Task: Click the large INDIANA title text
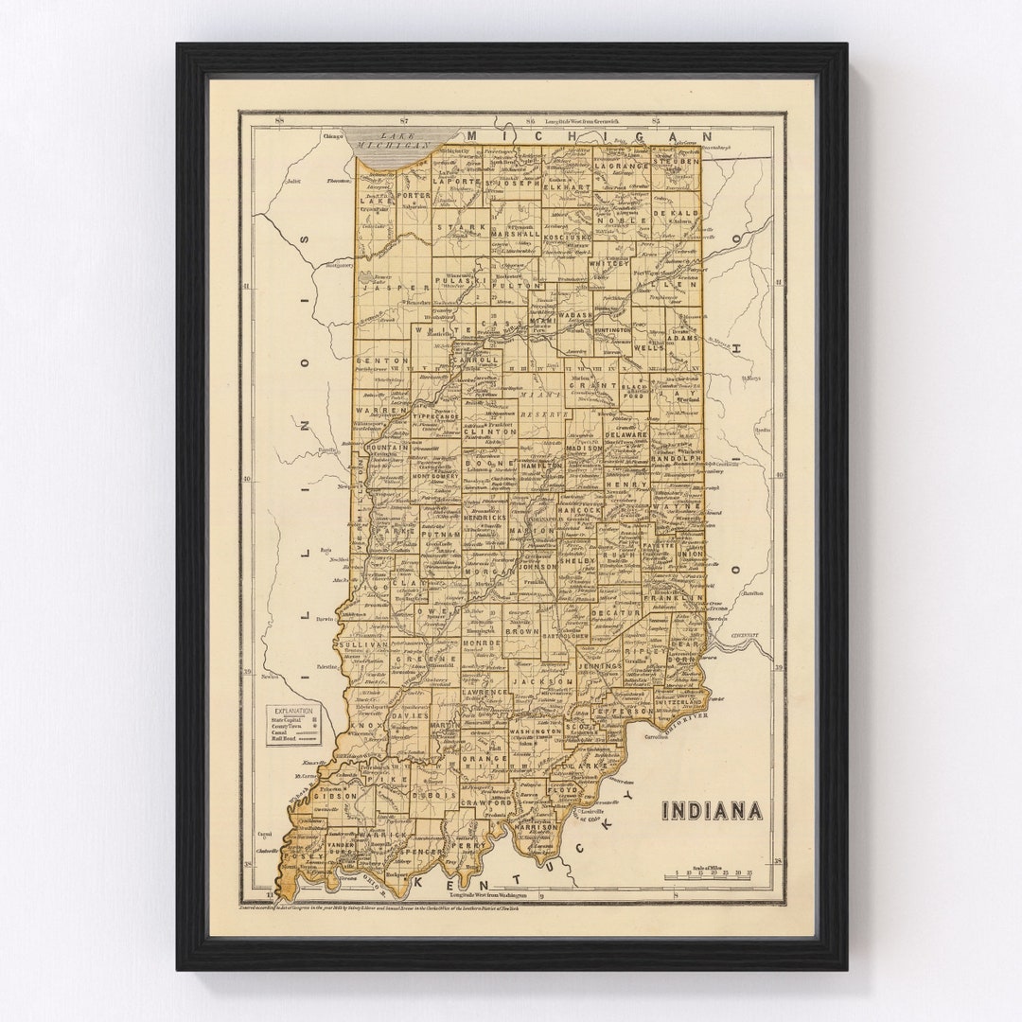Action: pyautogui.click(x=711, y=811)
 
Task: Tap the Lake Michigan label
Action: pyautogui.click(x=389, y=141)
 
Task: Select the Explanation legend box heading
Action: pyautogui.click(x=293, y=711)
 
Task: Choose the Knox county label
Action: pyautogui.click(x=362, y=727)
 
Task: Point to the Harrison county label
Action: pyautogui.click(x=535, y=826)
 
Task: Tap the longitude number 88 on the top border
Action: pyautogui.click(x=278, y=120)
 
